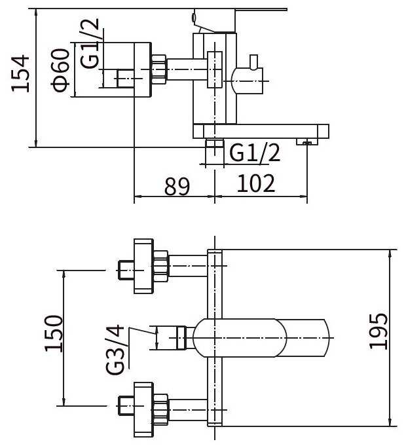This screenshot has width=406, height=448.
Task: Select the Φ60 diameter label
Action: pos(61,70)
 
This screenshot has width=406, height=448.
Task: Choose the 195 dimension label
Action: pos(378,331)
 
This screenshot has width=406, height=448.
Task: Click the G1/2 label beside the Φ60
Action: pos(90,43)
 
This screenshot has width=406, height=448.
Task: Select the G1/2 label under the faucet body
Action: pos(255,152)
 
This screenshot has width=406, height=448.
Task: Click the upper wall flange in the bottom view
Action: pos(143,267)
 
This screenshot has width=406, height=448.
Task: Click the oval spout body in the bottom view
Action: pos(242,338)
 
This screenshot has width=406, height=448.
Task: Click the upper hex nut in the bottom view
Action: pos(161,266)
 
